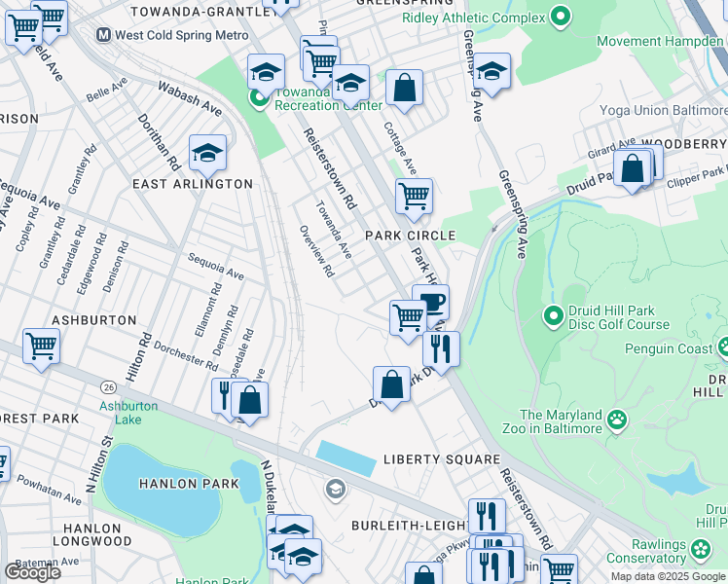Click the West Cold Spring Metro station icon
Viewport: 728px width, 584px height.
point(103,35)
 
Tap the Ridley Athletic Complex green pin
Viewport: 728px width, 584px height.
point(559,16)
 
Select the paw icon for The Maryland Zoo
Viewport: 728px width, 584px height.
point(616,420)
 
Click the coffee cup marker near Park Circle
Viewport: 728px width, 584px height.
point(430,301)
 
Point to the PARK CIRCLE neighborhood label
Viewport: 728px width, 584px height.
point(410,236)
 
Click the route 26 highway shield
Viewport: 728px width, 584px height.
point(107,387)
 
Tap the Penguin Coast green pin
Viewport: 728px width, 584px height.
point(724,347)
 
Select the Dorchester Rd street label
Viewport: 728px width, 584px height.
point(185,356)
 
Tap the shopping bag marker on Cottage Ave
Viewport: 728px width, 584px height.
point(404,89)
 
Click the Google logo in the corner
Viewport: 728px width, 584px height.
point(32,572)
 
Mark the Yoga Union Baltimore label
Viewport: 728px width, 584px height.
point(662,110)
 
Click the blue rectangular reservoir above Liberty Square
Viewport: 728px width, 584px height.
point(346,457)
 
